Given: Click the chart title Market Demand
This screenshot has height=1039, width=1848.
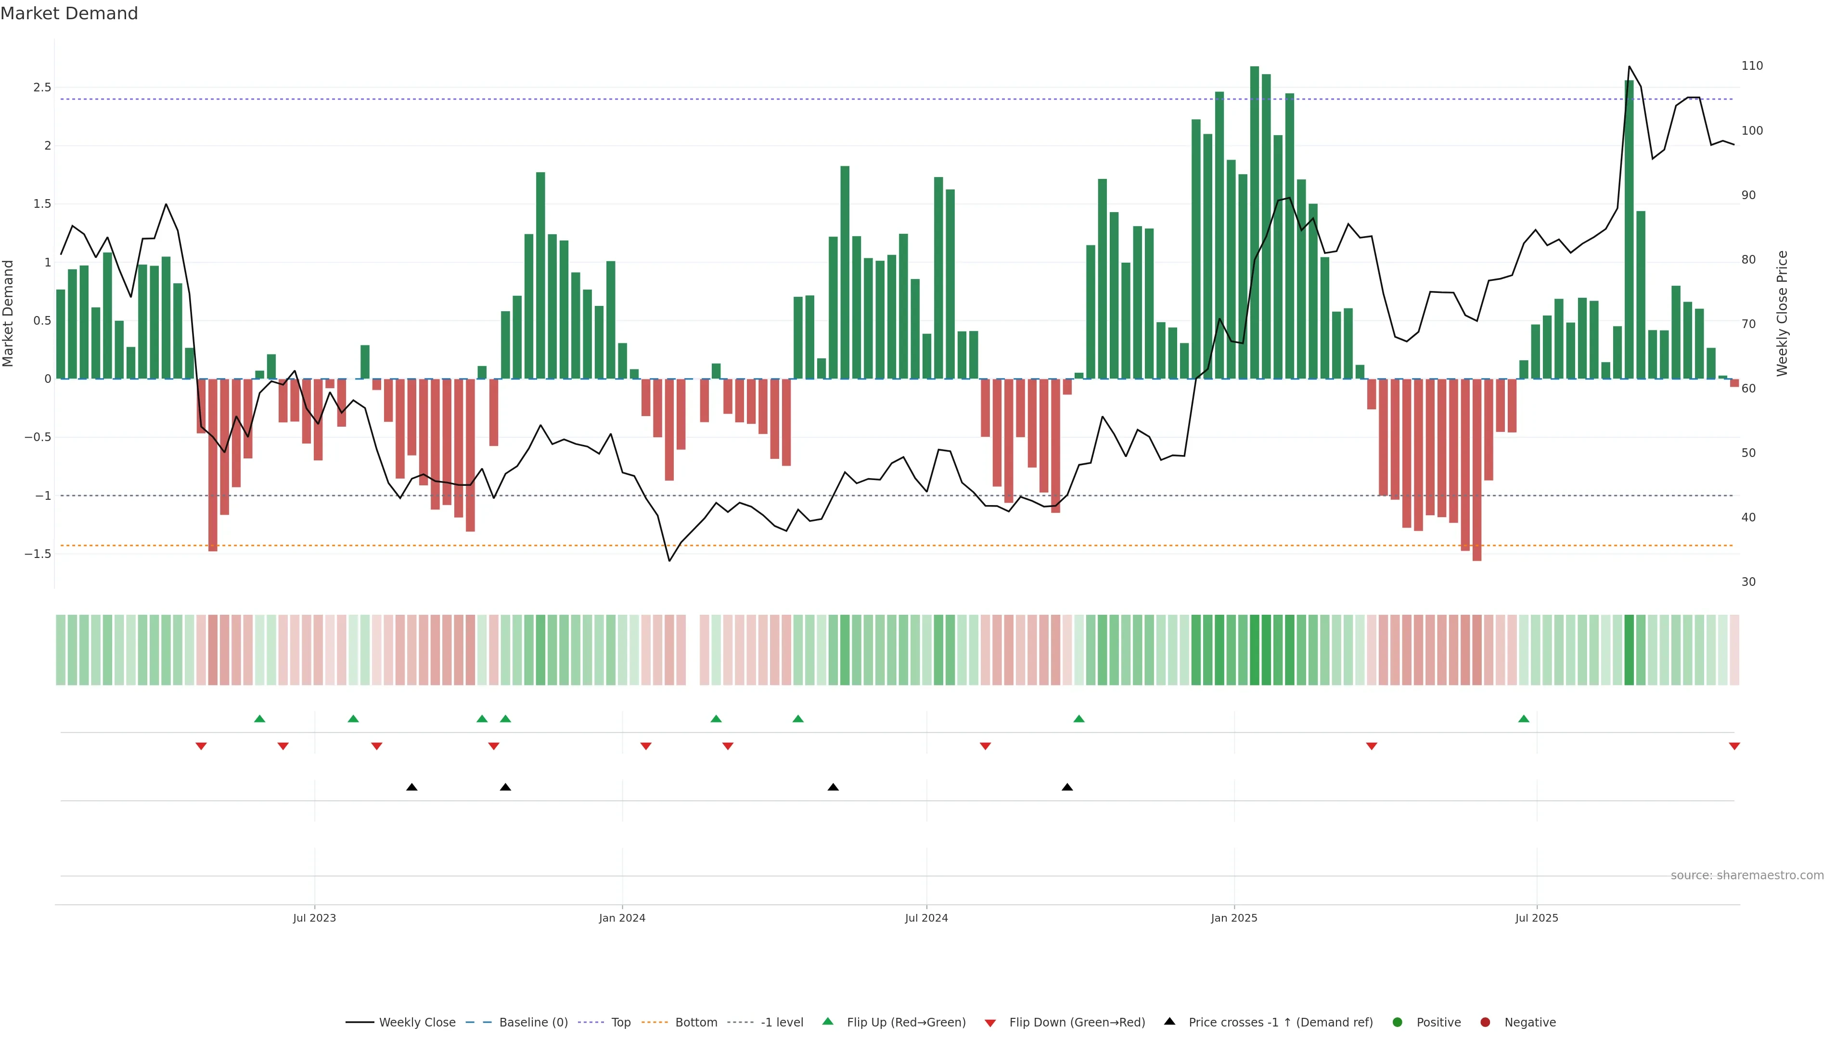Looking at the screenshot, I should [69, 13].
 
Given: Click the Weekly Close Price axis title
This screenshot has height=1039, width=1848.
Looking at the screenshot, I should [1782, 313].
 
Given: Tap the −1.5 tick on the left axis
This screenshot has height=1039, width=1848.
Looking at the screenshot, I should [38, 554].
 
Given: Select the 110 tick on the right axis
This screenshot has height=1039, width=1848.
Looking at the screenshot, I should [1752, 66].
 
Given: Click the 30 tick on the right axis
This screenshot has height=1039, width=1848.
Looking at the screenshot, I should [1748, 582].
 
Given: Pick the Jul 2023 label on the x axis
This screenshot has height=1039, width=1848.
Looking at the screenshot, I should [314, 918].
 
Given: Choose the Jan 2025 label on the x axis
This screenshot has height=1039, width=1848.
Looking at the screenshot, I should [1234, 918].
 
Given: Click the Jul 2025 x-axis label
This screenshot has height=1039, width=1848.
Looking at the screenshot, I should [1537, 918].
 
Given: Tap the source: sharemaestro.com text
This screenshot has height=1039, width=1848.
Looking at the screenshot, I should [1747, 875].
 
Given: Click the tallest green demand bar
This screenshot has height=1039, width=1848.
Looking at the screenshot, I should [1254, 222].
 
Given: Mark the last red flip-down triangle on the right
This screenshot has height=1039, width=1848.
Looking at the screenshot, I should [1734, 747].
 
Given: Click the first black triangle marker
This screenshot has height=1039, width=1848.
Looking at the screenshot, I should [412, 787].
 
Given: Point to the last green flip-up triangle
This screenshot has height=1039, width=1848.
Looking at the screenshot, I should [1524, 719].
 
